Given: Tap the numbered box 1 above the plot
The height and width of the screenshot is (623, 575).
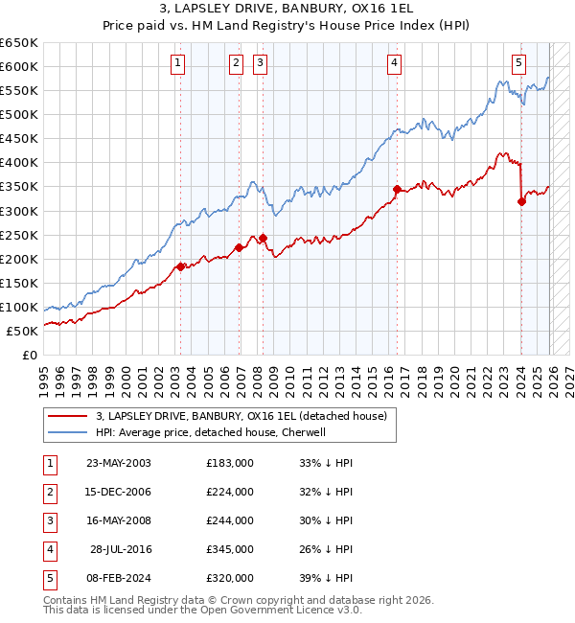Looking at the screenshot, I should click(x=179, y=64).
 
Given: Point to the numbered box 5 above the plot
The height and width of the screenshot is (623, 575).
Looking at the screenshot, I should click(x=518, y=64).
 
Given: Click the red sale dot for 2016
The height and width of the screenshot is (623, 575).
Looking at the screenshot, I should click(x=396, y=189).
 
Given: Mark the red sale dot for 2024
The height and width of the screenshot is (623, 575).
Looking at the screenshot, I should click(x=521, y=201).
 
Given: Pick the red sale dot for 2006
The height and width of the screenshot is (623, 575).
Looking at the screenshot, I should click(x=239, y=247).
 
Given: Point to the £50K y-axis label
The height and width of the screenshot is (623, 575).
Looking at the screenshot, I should click(x=23, y=331).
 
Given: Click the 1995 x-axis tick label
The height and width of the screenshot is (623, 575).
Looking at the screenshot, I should click(x=43, y=379).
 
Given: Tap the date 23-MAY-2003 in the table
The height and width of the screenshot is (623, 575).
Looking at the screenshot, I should click(x=118, y=463).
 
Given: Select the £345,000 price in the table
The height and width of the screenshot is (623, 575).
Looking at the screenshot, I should click(x=230, y=549).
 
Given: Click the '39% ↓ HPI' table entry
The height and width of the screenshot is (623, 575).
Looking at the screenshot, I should click(x=326, y=578).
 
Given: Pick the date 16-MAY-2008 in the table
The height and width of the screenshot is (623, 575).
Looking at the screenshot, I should click(x=118, y=520).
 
